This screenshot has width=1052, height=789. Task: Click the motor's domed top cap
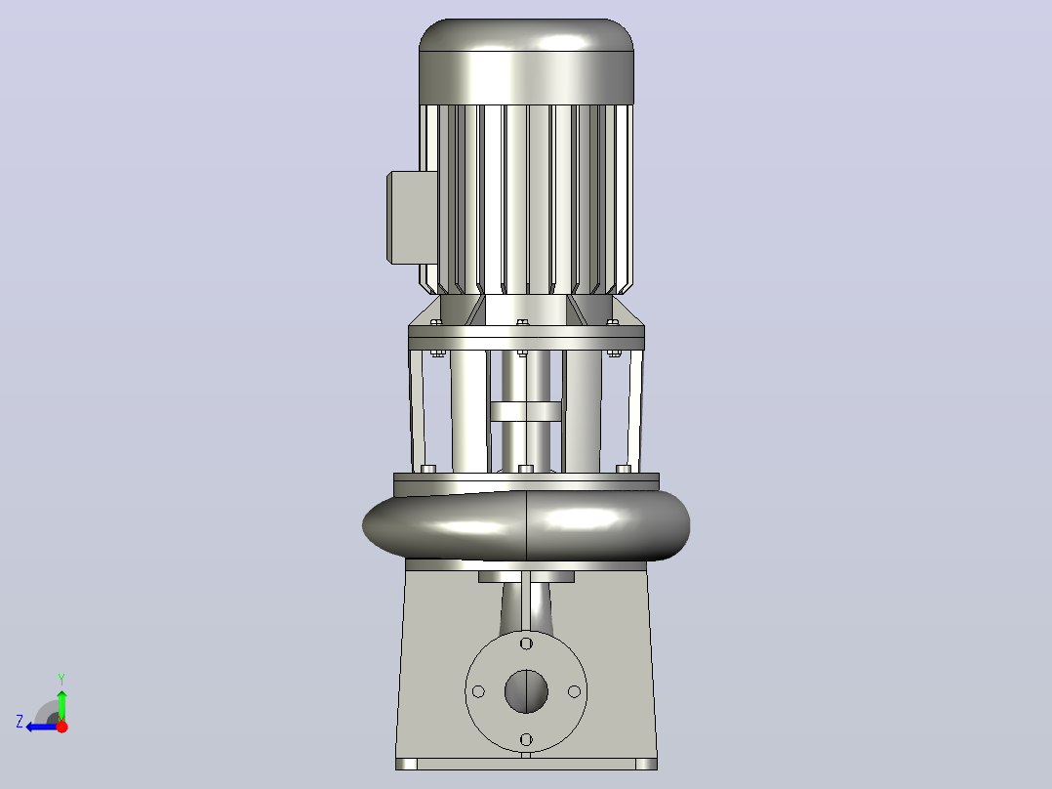click(526, 62)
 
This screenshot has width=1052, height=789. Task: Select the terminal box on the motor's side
click(411, 218)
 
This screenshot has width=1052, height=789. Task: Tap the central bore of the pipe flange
click(526, 691)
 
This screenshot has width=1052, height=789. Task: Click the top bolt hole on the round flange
click(526, 644)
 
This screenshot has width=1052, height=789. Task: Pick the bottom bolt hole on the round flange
click(526, 739)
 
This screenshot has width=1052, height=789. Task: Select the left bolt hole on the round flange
click(478, 691)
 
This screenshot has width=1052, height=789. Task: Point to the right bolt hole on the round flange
click(574, 691)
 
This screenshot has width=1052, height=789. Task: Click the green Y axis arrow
click(61, 705)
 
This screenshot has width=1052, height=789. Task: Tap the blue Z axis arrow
click(42, 727)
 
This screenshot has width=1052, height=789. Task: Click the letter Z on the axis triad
click(20, 722)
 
